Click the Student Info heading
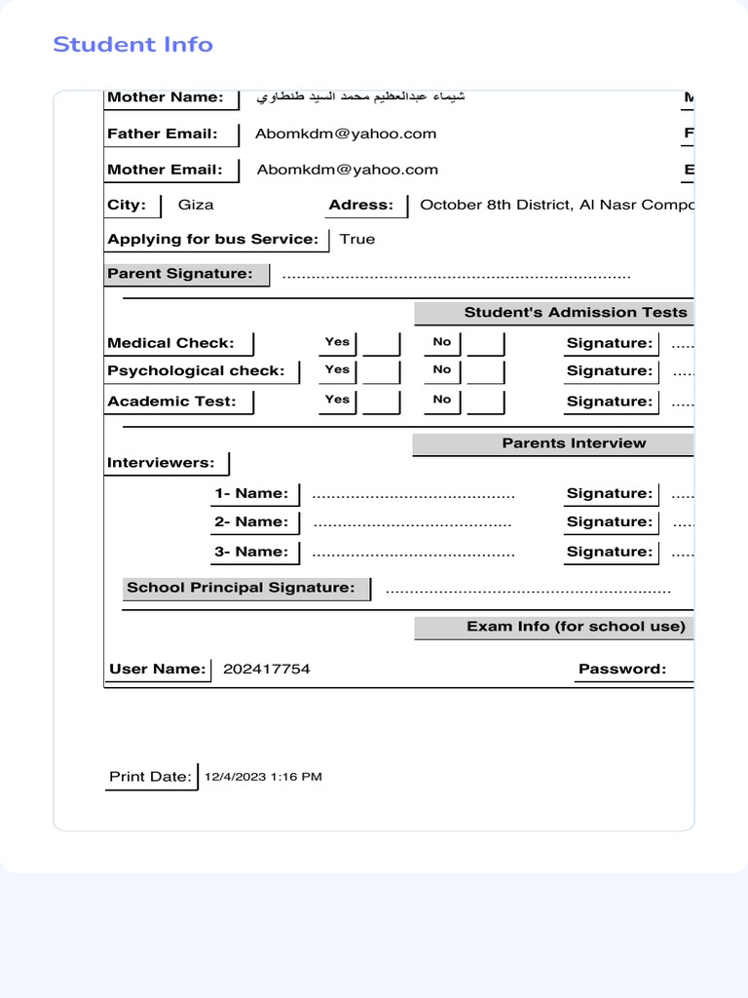coord(132,45)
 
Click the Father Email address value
coord(346,134)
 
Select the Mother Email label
coord(164,170)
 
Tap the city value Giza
coord(196,205)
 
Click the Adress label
coord(360,205)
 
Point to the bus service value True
coord(356,239)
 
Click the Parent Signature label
coord(179,274)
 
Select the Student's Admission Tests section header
coord(575,313)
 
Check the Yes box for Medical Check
coord(381,344)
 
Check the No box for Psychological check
coord(485,371)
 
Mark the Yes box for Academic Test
coord(381,402)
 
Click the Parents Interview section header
coord(574,443)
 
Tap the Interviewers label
coord(161,463)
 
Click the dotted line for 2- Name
coord(412,523)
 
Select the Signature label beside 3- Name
coord(609,552)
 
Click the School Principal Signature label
coord(241,588)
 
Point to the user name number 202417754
coord(267,669)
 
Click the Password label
coord(622,669)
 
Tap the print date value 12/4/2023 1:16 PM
coord(263,777)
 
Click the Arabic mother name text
coord(360,97)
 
